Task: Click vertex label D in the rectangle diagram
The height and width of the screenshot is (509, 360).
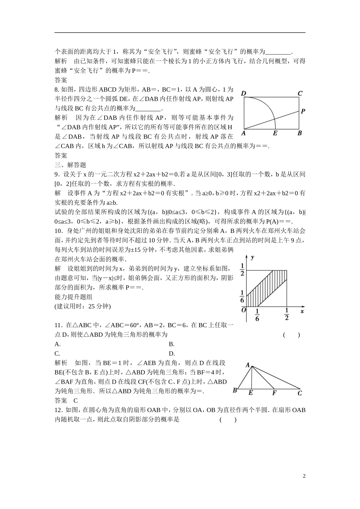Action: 243,94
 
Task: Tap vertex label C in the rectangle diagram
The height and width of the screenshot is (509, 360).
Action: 300,94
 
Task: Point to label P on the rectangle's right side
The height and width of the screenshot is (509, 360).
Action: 303,111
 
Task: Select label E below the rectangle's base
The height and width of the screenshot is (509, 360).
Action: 275,133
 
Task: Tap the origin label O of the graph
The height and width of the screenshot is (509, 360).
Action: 243,310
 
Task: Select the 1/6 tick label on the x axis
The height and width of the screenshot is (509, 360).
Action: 257,315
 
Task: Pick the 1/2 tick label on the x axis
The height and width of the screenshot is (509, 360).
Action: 286,315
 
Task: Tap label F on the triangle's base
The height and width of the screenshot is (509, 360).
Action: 274,393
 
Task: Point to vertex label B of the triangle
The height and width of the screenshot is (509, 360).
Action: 235,390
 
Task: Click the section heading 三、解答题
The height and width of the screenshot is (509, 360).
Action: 70,165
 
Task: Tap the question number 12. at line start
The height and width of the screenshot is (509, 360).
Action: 58,410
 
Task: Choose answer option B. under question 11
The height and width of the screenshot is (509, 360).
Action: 171,344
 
